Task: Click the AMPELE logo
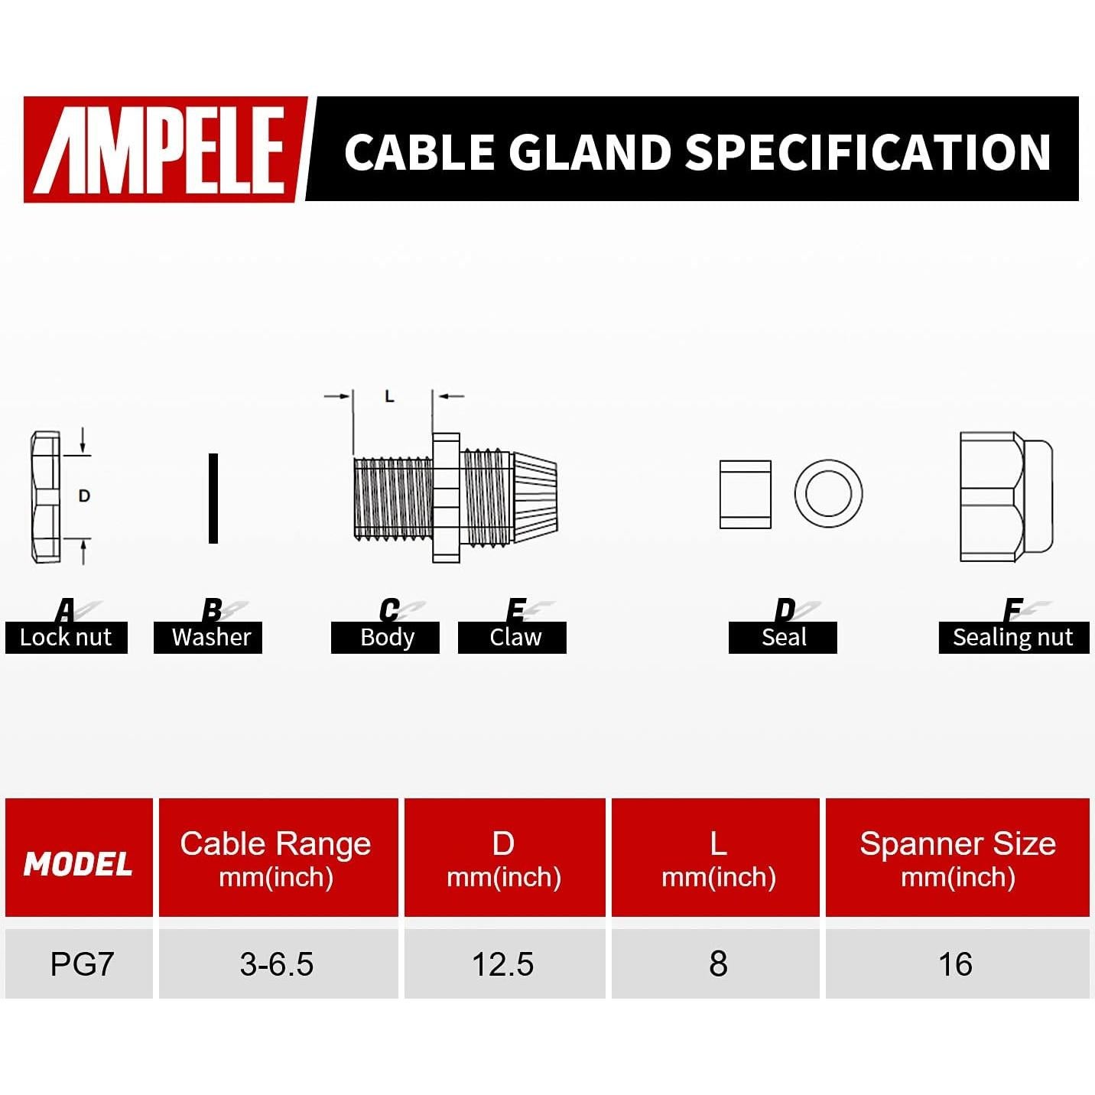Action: [x=164, y=149]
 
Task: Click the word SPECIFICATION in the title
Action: [x=868, y=151]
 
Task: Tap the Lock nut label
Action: [x=66, y=637]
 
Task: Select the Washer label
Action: [x=211, y=637]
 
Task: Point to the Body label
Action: [x=387, y=637]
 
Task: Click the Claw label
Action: [x=515, y=637]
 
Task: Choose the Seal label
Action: [x=784, y=637]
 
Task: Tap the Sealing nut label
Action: [x=1012, y=637]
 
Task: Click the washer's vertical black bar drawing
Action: [x=213, y=498]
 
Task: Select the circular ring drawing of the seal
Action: [x=828, y=493]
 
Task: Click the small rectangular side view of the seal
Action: [x=746, y=495]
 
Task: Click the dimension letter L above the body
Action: [x=389, y=396]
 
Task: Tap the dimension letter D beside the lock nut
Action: [x=84, y=496]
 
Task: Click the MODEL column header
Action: [x=78, y=863]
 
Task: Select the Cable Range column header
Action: [x=276, y=859]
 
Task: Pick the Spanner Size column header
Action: [x=957, y=859]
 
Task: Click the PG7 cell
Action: [x=82, y=963]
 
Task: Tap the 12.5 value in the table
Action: [x=502, y=963]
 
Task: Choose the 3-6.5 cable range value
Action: [x=276, y=963]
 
